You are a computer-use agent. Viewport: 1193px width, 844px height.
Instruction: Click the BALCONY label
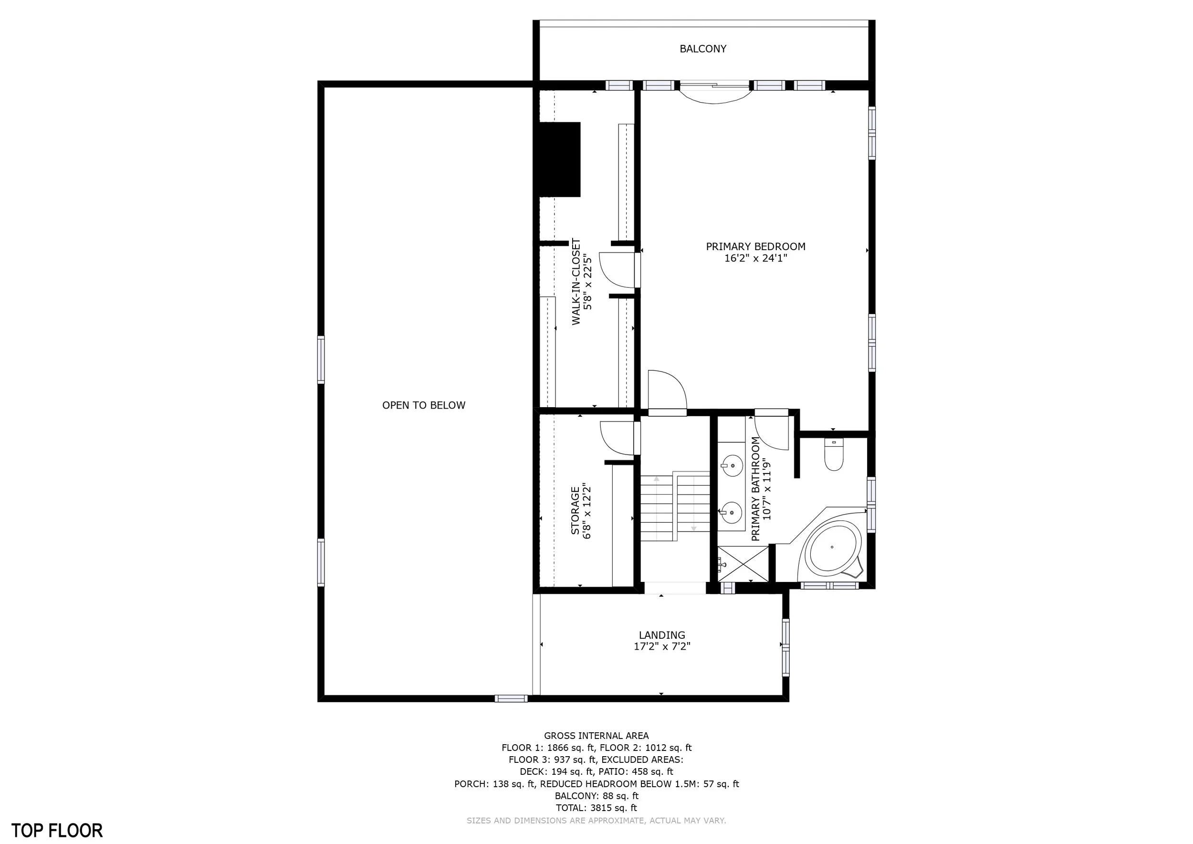[x=702, y=49]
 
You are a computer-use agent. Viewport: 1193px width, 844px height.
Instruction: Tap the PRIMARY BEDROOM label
[x=755, y=246]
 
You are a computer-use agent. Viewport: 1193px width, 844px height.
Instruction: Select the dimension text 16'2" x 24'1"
[x=755, y=258]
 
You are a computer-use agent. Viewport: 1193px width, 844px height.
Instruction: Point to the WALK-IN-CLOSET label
[x=576, y=282]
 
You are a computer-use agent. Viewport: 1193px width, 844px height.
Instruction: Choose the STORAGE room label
[x=575, y=510]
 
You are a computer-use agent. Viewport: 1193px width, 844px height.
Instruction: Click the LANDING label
[x=662, y=635]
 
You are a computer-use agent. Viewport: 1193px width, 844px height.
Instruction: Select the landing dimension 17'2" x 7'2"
[x=661, y=646]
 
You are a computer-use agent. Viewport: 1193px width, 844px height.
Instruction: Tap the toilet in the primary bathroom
[x=834, y=455]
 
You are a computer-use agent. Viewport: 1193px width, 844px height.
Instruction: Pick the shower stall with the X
[x=743, y=564]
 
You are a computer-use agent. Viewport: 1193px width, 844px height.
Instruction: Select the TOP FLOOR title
[x=57, y=830]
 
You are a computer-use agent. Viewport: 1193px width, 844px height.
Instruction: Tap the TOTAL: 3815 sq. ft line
[x=596, y=808]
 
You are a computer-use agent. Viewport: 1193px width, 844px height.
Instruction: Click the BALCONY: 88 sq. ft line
[x=596, y=796]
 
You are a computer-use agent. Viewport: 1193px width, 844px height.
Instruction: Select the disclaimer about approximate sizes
[x=596, y=821]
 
